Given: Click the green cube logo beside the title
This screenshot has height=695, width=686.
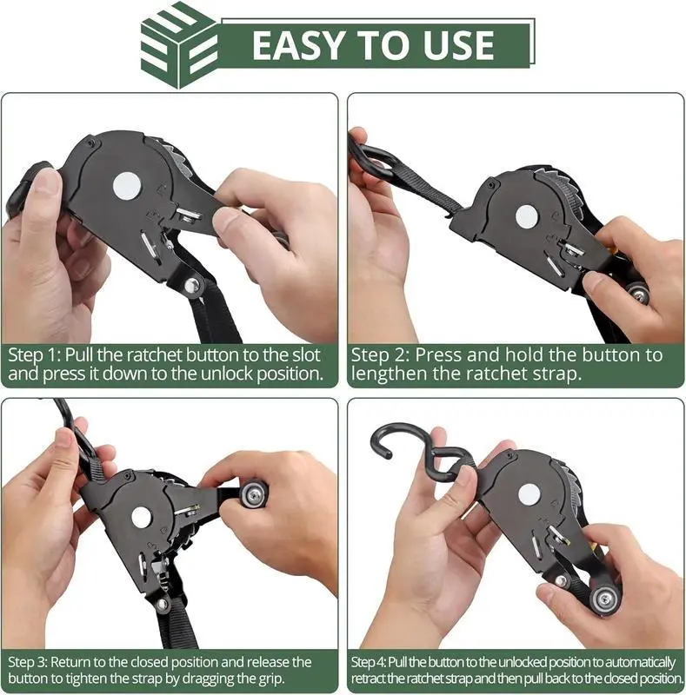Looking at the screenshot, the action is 179,45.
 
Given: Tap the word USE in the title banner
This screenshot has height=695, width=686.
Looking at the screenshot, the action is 458,45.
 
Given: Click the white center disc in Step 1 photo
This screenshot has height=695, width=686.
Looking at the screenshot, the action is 127,186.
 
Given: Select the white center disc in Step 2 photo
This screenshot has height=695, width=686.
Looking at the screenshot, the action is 527,217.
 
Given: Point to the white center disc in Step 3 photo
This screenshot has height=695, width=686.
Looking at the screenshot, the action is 141,517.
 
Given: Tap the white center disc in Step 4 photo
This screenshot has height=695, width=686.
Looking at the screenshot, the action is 529,493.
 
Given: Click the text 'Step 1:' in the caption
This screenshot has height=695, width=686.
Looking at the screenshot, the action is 34,355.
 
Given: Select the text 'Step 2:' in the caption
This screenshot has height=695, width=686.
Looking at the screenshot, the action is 380,355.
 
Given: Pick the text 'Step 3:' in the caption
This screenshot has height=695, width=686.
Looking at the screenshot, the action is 27,662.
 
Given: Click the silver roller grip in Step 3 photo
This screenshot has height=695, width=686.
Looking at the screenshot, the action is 253,495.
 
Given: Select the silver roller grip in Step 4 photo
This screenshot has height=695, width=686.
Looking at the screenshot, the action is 605,599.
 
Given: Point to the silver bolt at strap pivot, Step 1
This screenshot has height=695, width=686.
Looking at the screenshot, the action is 191,285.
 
